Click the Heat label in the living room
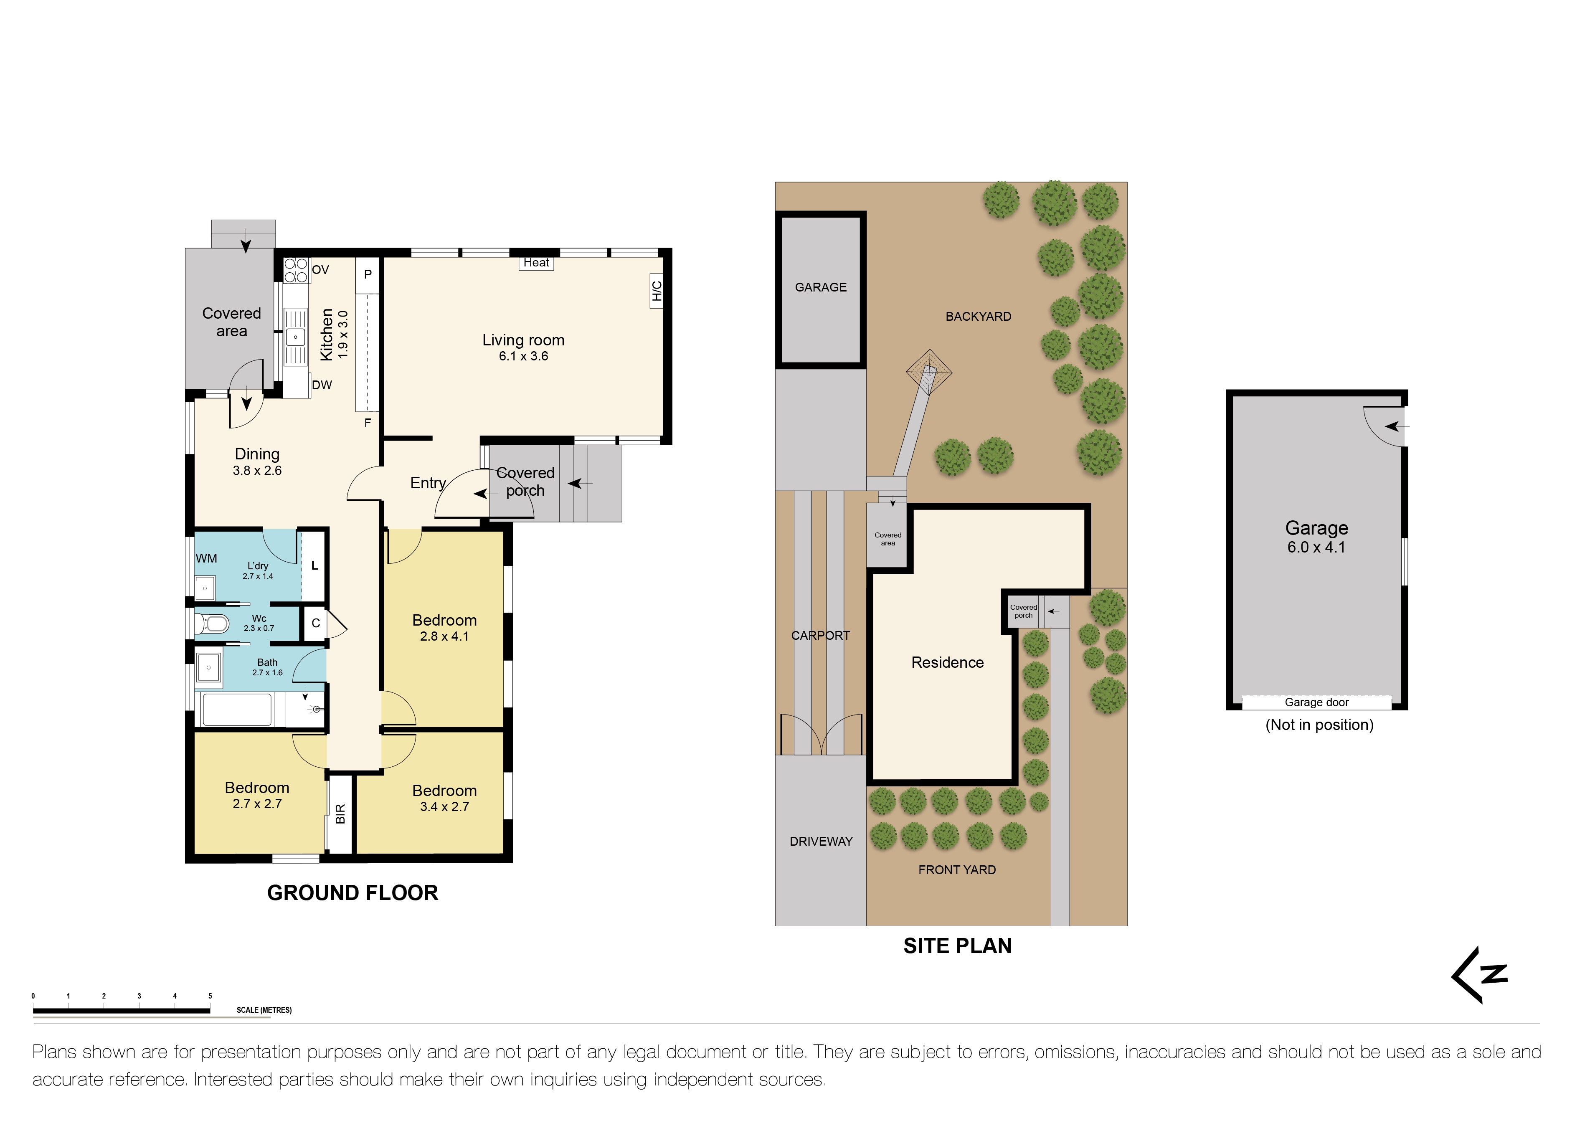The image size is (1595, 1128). coord(536,263)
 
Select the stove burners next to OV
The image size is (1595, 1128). coord(296,270)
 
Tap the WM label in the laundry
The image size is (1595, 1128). coord(206,558)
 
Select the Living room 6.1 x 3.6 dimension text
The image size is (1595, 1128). coord(523,356)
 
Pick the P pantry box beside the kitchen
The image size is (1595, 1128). coord(368,274)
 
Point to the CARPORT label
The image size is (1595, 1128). coord(820,636)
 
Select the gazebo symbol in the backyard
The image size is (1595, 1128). coord(929,373)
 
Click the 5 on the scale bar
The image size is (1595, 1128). coord(210,996)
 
